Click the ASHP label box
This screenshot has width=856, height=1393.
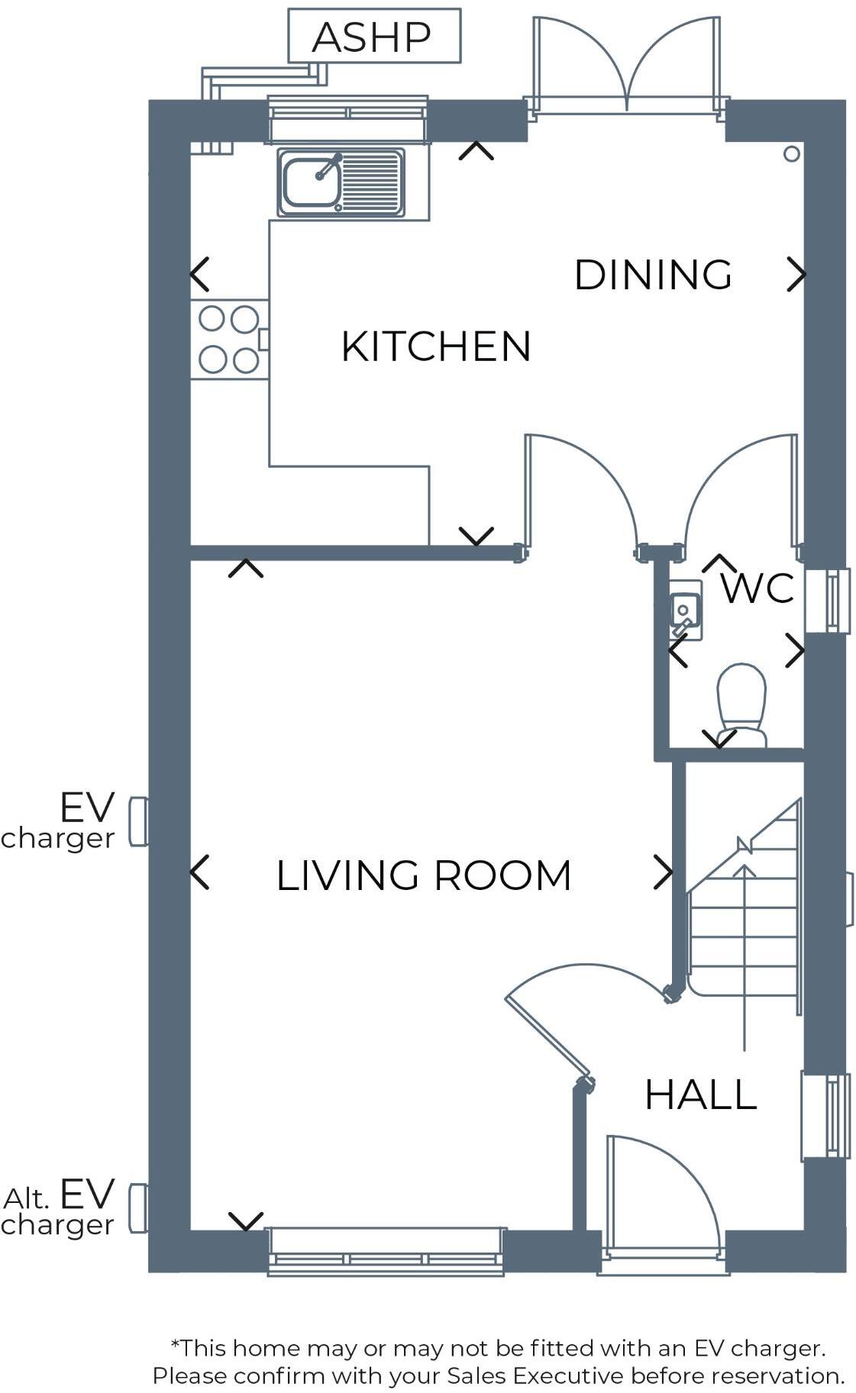click(x=373, y=36)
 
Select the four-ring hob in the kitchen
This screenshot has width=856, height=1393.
click(x=228, y=339)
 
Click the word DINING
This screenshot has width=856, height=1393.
click(x=652, y=275)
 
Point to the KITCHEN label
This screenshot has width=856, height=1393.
click(x=435, y=347)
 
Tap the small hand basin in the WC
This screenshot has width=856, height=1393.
click(x=684, y=609)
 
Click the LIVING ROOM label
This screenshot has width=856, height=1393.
click(x=423, y=875)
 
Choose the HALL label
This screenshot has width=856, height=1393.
click(x=700, y=1095)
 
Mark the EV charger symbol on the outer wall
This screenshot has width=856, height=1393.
click(x=138, y=821)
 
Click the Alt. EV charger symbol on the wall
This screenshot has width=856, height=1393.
click(x=138, y=1208)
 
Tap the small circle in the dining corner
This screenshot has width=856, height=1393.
click(x=791, y=154)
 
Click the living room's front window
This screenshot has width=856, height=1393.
click(x=386, y=1251)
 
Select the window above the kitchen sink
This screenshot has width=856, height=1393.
click(x=347, y=118)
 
